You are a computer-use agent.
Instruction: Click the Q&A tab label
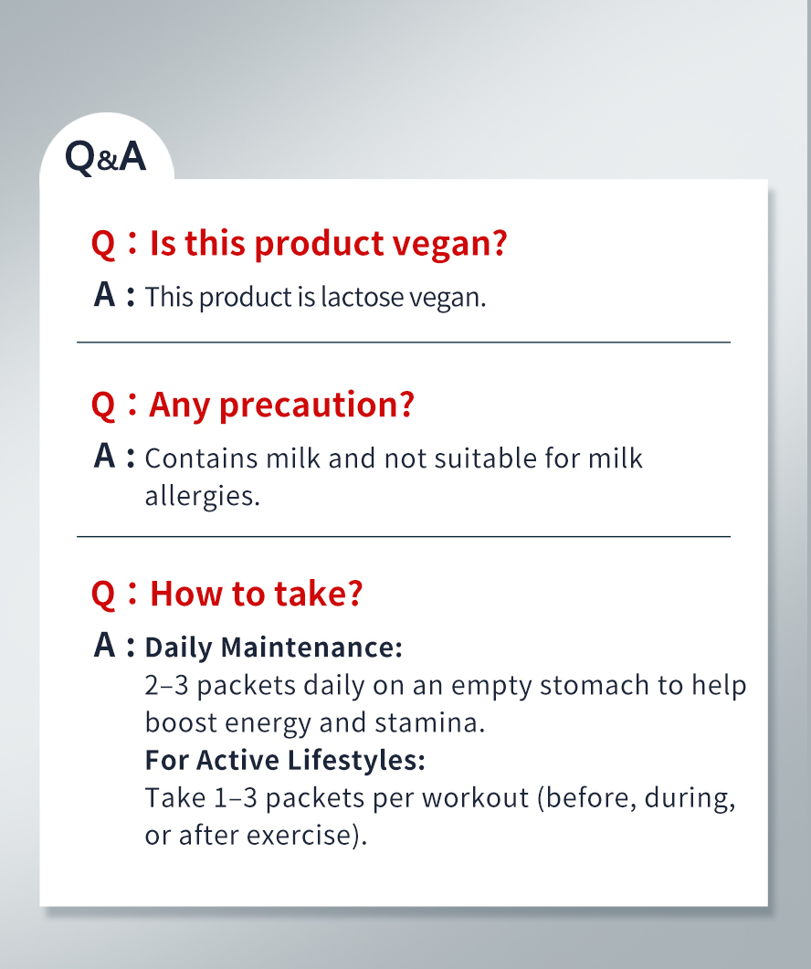106,157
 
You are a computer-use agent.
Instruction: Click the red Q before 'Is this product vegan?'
103,245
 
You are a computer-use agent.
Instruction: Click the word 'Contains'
201,458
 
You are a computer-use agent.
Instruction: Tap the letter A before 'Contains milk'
104,457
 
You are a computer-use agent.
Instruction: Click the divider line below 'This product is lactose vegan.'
404,342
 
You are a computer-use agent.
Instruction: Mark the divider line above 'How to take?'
404,536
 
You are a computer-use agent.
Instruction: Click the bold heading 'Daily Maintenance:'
274,648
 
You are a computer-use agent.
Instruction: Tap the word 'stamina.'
429,722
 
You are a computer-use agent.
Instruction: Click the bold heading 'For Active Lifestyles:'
285,760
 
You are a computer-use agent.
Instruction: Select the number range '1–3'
236,797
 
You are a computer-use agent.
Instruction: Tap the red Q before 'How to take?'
103,595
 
